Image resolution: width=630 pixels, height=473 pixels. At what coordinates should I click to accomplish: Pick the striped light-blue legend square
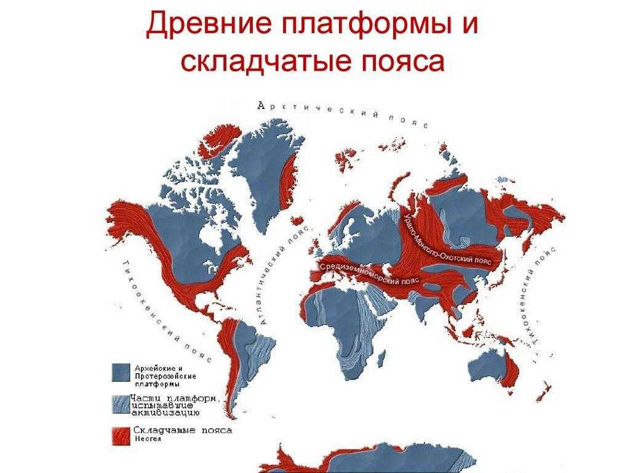click(x=121, y=404)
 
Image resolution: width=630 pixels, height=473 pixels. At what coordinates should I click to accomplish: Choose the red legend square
click(x=121, y=435)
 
